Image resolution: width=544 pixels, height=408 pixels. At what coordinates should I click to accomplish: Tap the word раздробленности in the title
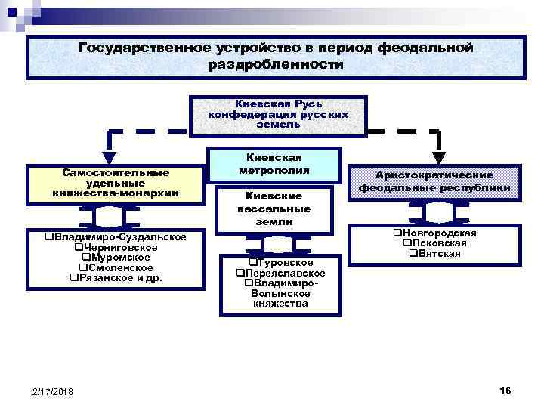(275, 65)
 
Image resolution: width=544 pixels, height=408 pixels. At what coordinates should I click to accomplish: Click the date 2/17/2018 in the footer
(52, 391)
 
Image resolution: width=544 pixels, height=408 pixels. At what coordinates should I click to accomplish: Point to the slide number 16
(505, 389)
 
